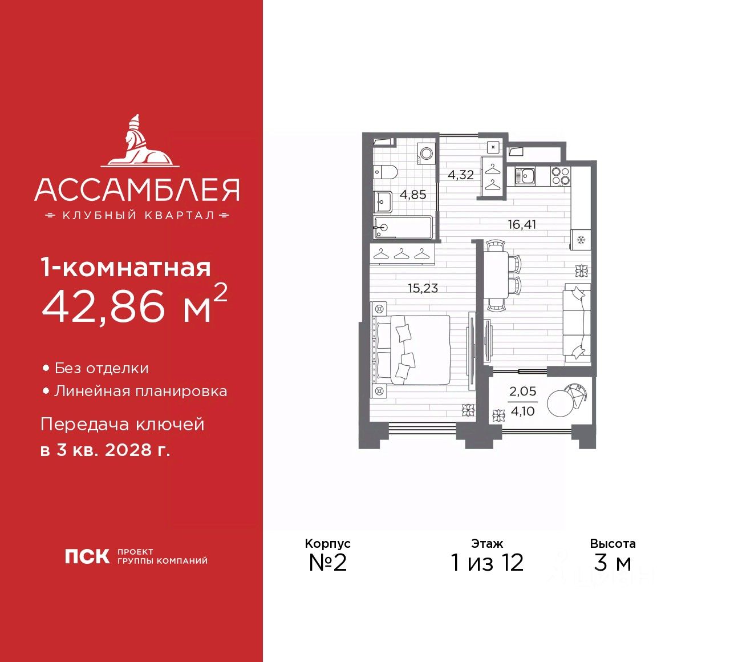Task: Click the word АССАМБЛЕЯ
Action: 137,190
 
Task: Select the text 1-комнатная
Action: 125,268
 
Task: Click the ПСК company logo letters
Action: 87,556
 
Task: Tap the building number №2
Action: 327,563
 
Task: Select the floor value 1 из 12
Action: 486,563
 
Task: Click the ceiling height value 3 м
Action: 613,563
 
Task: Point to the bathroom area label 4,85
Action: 413,195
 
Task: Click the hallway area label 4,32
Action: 460,175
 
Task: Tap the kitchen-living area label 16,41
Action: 522,224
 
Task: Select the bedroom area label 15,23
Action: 423,288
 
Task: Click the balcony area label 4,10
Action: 522,411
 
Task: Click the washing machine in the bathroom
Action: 425,152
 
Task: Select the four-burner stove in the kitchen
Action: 561,176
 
